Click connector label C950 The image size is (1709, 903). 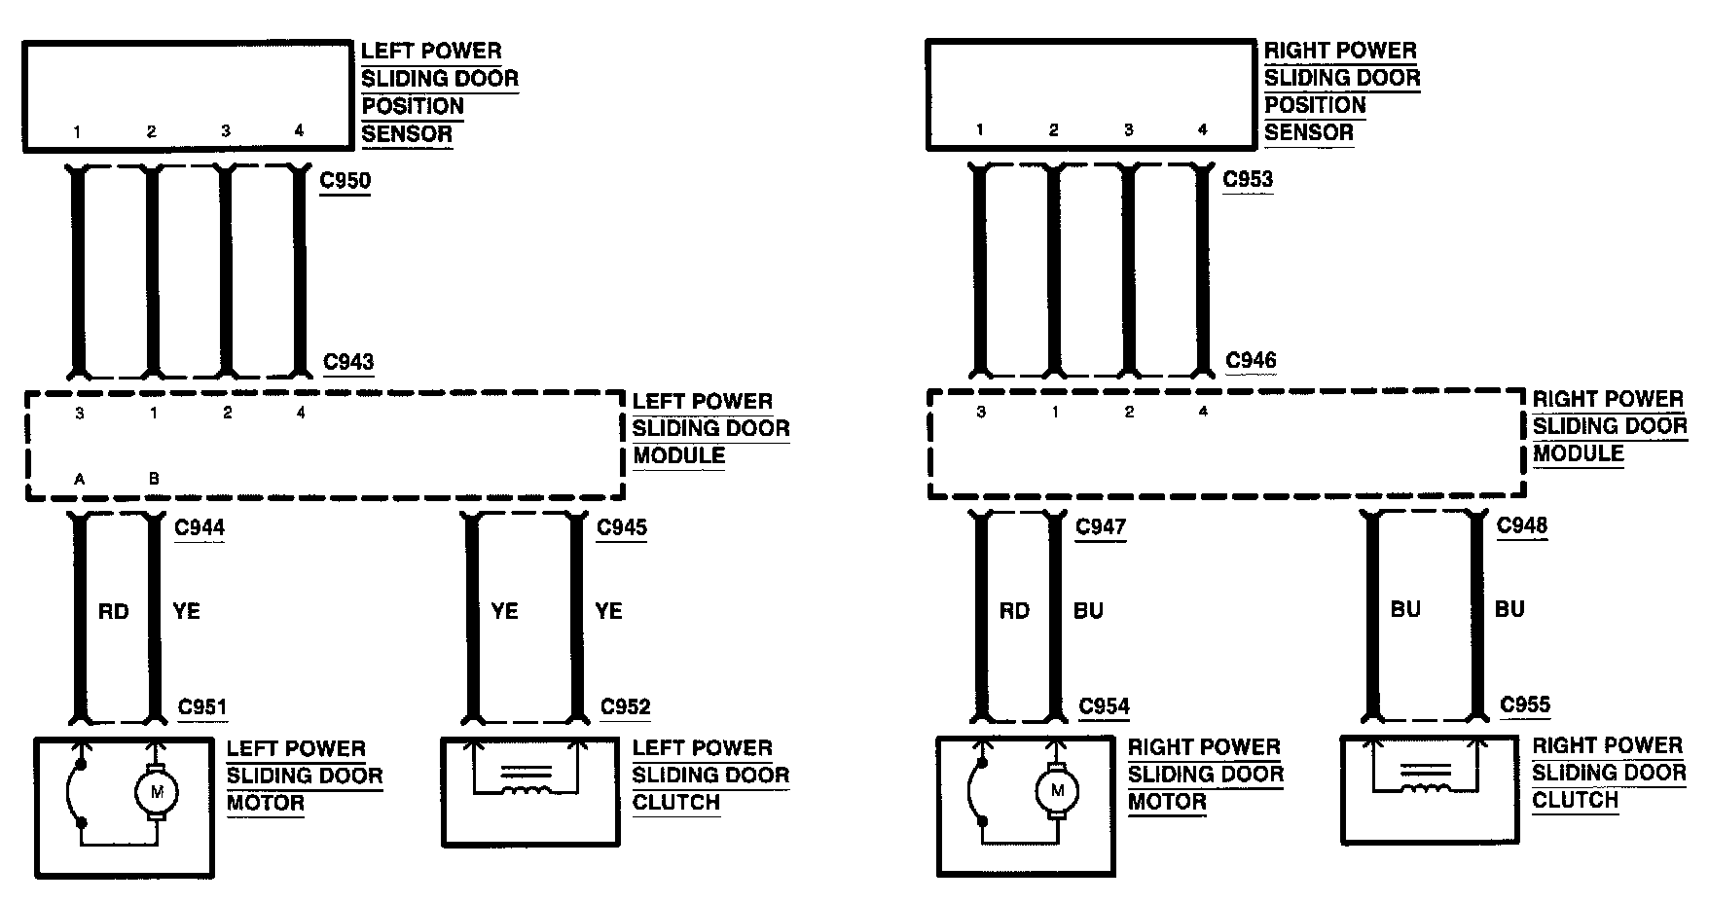pyautogui.click(x=345, y=181)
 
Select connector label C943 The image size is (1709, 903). pyautogui.click(x=348, y=362)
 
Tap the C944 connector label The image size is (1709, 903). pyautogui.click(x=200, y=527)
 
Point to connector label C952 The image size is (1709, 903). pyautogui.click(x=625, y=707)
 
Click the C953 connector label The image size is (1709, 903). pyautogui.click(x=1248, y=180)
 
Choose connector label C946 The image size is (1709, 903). pyautogui.click(x=1251, y=361)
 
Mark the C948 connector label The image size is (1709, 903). pyautogui.click(x=1521, y=525)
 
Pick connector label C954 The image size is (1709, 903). pyautogui.click(x=1104, y=707)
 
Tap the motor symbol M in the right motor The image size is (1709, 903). pyautogui.click(x=1057, y=790)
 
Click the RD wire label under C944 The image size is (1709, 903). pyautogui.click(x=114, y=611)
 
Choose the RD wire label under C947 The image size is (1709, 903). pyautogui.click(x=1014, y=610)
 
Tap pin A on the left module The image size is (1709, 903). pyautogui.click(x=79, y=479)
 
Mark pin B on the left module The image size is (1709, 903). pyautogui.click(x=153, y=479)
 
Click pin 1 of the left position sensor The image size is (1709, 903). pyautogui.click(x=77, y=131)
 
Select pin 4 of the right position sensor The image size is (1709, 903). pyautogui.click(x=1202, y=129)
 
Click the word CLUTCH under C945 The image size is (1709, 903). pyautogui.click(x=675, y=803)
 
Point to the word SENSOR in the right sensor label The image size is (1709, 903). pyautogui.click(x=1308, y=132)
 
